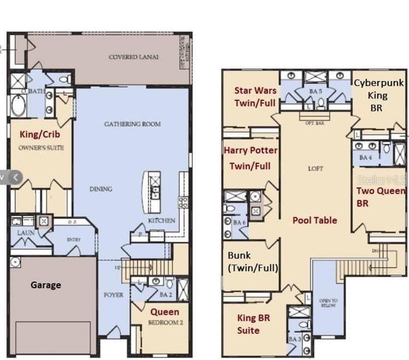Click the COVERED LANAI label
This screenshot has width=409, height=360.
coord(134,58)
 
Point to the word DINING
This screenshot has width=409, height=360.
coord(101,189)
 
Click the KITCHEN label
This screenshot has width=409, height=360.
coord(162,221)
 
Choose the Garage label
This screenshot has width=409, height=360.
coord(45,285)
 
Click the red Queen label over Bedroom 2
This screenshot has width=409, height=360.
coord(164,312)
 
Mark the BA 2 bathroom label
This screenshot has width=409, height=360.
coord(164,295)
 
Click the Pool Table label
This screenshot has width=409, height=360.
coord(314,221)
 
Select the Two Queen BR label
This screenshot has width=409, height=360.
coord(380,196)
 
